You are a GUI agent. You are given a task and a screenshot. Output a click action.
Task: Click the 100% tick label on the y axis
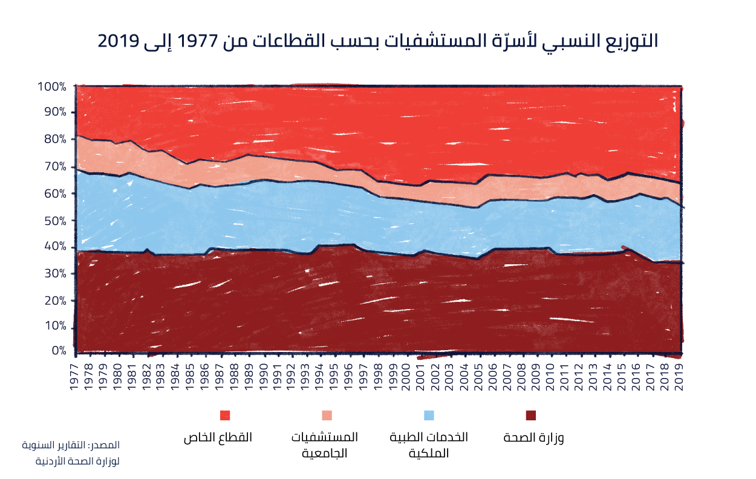pos(51,86)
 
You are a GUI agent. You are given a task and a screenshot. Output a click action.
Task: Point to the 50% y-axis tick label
pos(54,221)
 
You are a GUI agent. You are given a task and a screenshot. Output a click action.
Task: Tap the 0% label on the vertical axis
pos(59,351)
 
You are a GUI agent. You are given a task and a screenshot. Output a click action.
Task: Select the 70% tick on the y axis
pos(54,166)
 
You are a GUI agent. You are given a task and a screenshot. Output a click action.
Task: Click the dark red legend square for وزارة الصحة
pos(531,415)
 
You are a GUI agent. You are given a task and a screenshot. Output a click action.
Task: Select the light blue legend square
pos(429,415)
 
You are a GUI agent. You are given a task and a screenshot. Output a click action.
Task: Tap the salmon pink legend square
pos(327,415)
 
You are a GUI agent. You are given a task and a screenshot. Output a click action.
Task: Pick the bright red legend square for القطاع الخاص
pos(225,415)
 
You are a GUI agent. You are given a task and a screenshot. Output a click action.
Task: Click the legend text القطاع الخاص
pos(218,437)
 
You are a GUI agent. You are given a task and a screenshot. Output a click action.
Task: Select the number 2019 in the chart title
pos(118,42)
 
